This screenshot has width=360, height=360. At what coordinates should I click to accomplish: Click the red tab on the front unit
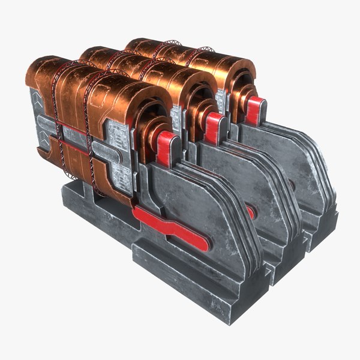[x=167, y=148]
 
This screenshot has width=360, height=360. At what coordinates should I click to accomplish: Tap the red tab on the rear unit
[x=254, y=109]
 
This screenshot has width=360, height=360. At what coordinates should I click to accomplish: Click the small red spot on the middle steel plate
[x=250, y=211]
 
